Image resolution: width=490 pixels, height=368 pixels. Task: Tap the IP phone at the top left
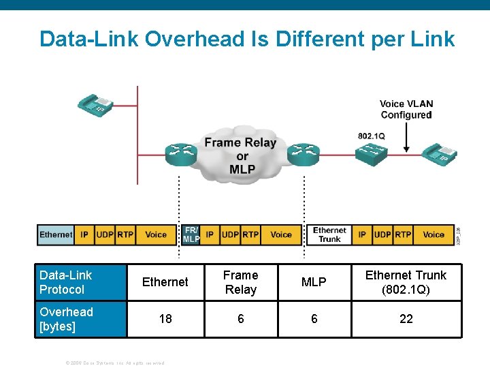click(95, 104)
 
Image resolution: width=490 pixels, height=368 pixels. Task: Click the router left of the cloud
click(179, 155)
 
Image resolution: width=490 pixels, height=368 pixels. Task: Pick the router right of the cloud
click(301, 155)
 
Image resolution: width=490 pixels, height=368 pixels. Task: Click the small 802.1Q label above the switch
click(372, 136)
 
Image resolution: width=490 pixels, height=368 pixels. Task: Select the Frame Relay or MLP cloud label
click(240, 156)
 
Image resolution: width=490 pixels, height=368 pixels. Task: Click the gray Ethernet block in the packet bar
click(56, 234)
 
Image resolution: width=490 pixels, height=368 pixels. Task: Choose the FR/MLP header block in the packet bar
click(191, 234)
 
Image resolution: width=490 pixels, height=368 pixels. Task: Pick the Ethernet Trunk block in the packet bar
click(329, 234)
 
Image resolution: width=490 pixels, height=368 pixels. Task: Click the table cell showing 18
click(165, 319)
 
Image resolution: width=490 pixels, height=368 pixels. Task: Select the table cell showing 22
click(406, 319)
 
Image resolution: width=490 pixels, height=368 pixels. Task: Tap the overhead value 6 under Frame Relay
click(241, 319)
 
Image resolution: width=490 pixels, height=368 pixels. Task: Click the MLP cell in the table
click(314, 282)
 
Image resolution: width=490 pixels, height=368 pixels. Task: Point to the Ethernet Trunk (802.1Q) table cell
click(406, 282)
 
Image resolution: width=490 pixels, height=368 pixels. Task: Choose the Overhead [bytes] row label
click(67, 319)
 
